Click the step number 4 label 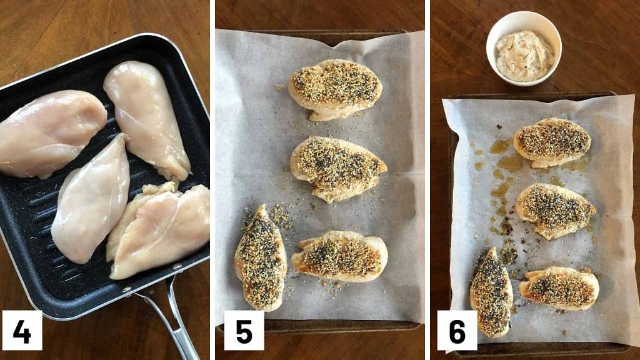[x=22, y=331]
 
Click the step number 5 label [x=244, y=331]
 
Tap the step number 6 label [x=457, y=331]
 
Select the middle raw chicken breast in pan [x=92, y=200]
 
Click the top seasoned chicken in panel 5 [x=335, y=87]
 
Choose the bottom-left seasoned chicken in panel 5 [x=261, y=257]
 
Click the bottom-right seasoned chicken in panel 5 [x=341, y=255]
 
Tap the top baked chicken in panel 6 [x=552, y=142]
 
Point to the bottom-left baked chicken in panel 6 [x=491, y=292]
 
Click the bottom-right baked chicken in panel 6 [x=559, y=288]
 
